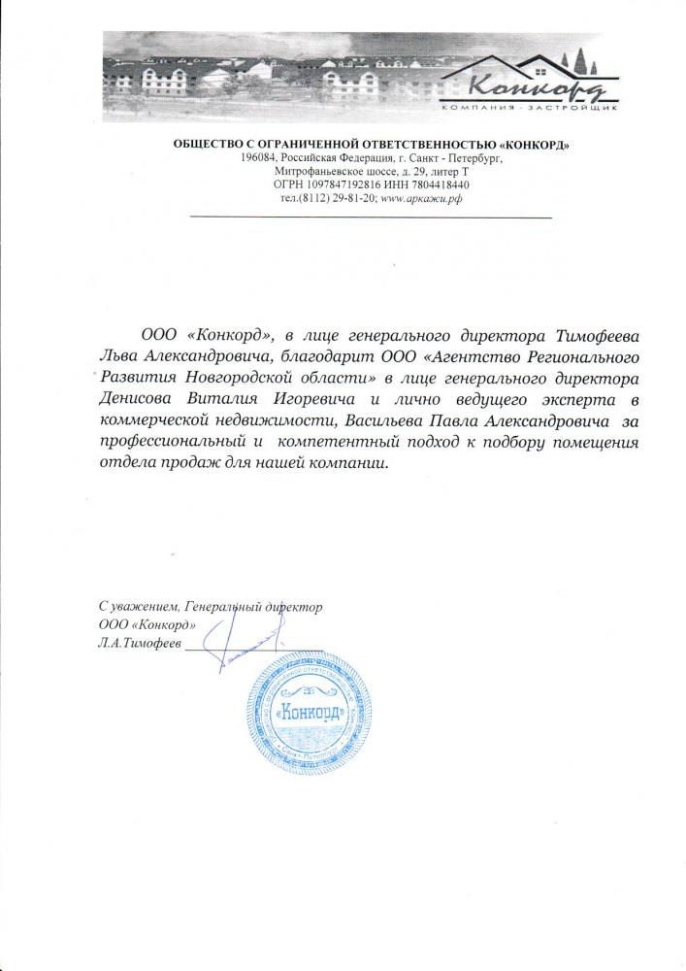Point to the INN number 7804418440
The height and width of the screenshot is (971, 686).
[438, 184]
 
